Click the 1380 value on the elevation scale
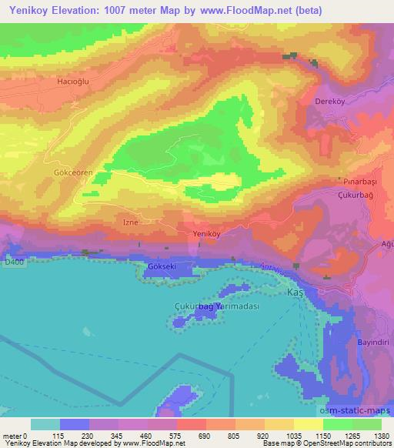pos(381,435)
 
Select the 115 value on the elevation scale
pos(59,435)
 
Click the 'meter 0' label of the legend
pos(15,435)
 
